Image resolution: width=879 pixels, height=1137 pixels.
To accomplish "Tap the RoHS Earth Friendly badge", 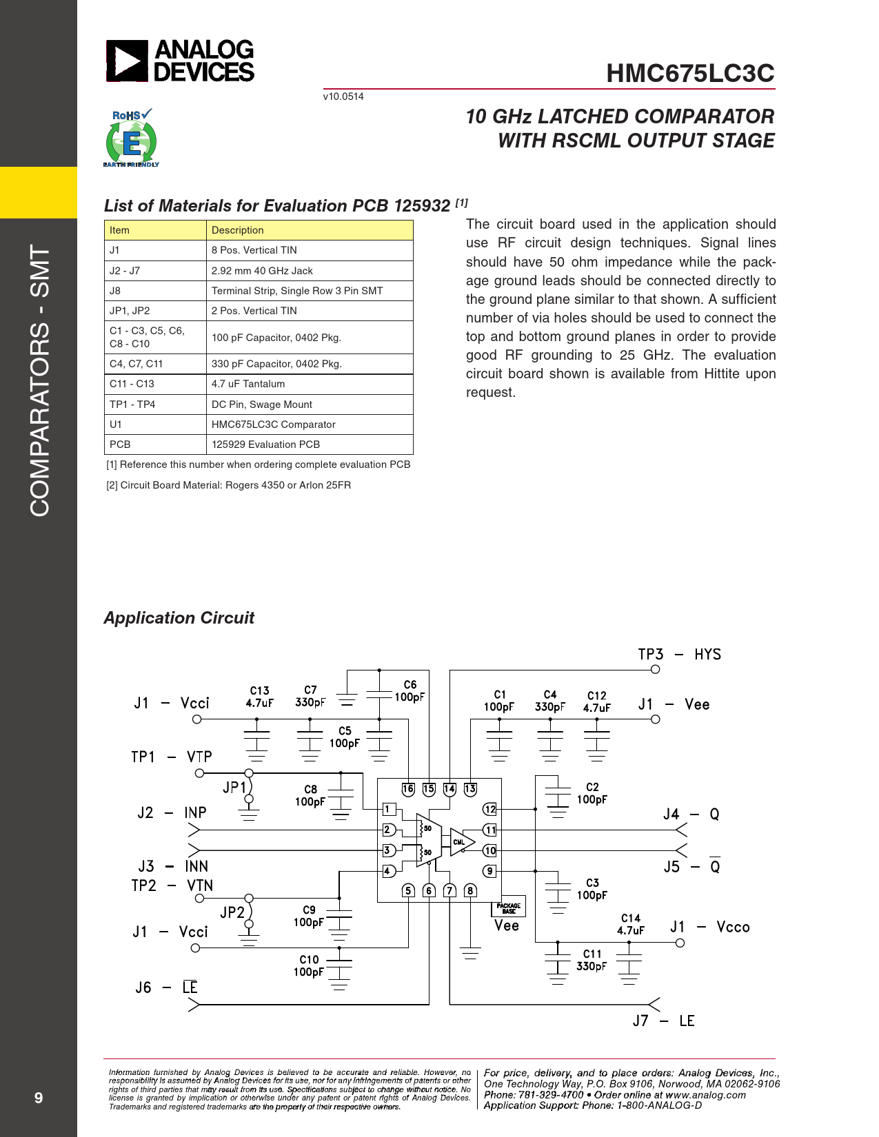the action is [x=132, y=138].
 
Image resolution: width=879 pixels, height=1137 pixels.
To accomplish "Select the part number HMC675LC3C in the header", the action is [x=690, y=73].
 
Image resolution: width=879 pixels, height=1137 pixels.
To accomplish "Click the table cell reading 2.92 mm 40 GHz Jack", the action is [x=310, y=271].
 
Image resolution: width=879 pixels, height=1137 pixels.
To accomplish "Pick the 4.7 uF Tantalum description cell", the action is [x=310, y=384].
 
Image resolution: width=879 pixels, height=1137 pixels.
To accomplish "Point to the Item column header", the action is [x=155, y=230].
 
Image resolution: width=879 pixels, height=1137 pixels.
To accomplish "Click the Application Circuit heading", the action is [x=179, y=617].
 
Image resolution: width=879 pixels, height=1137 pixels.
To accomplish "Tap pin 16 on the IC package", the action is [x=408, y=789].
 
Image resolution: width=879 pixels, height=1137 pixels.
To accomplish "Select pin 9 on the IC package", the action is [x=489, y=871].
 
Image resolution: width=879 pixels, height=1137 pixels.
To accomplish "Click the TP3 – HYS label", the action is [x=679, y=654].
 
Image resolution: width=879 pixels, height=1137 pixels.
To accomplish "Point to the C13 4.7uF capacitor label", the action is [x=260, y=697].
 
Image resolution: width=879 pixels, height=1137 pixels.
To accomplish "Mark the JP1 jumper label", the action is [x=234, y=787].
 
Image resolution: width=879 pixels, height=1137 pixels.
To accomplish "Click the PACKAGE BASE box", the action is [x=508, y=908].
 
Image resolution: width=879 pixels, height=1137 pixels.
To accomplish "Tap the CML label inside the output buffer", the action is [x=458, y=843].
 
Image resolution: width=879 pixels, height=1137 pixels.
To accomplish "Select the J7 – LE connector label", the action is [x=663, y=1021].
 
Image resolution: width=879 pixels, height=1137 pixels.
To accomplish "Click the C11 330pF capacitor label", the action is [x=592, y=960].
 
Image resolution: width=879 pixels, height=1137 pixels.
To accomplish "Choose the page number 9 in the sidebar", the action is [x=38, y=1098].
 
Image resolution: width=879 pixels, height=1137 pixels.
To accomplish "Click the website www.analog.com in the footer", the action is [x=705, y=1094].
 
